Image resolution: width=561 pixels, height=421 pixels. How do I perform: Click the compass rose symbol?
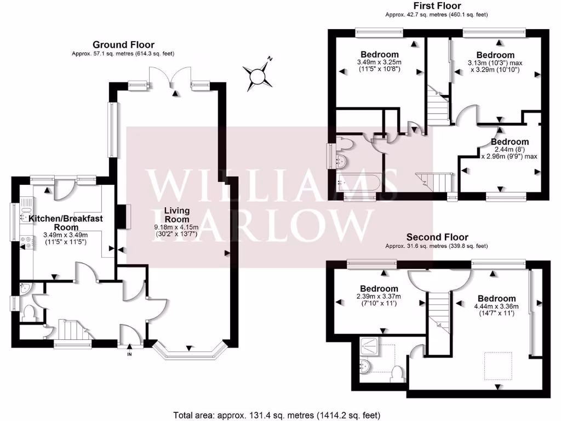pos(257,76)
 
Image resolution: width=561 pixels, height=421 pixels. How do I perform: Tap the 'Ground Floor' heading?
pos(123,45)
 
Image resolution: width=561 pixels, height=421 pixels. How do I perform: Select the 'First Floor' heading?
pos(437,6)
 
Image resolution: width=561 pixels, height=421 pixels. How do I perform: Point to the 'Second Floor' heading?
pos(437,237)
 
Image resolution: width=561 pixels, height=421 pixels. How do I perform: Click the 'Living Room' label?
pos(177,215)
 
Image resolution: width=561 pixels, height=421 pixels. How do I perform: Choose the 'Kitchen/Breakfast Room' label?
pos(66,222)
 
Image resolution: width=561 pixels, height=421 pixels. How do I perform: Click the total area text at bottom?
pos(277,414)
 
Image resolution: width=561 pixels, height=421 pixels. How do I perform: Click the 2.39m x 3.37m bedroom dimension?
pos(379,300)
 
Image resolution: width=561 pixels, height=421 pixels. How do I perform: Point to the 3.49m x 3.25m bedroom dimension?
pos(379,66)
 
